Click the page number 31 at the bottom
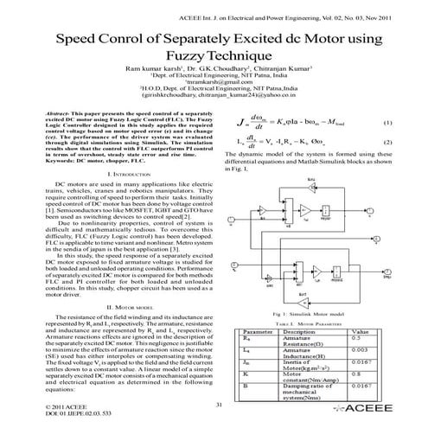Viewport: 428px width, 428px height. (x=218, y=405)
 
